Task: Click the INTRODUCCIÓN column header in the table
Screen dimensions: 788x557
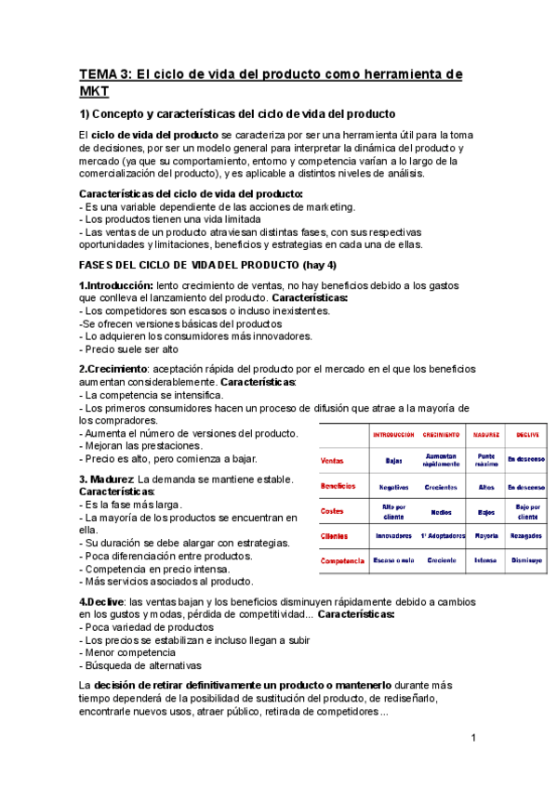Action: [x=393, y=435]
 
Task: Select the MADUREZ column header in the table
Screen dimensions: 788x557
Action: [x=485, y=435]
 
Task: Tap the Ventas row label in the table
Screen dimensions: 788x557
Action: [x=332, y=460]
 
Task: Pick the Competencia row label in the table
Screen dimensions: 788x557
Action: [x=342, y=561]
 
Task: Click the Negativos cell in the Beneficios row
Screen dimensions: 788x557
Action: [x=393, y=486]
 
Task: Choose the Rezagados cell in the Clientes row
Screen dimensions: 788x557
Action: [x=526, y=536]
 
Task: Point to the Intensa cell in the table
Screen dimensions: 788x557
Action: [x=485, y=561]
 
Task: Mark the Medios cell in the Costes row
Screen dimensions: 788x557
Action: [x=441, y=511]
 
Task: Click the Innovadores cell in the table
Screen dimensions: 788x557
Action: [x=393, y=536]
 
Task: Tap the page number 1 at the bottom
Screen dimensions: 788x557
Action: [x=473, y=738]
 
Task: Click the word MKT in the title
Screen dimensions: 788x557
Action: [x=94, y=91]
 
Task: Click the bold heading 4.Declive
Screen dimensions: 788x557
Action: [x=101, y=601]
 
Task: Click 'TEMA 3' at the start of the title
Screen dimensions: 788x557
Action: [x=103, y=74]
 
